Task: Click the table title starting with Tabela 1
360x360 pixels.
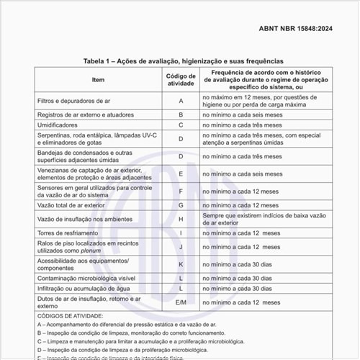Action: (184, 62)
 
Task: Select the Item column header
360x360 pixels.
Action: (98, 79)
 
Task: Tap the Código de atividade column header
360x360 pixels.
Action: (181, 79)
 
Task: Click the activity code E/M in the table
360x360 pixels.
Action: (181, 302)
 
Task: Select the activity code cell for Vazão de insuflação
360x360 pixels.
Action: (181, 218)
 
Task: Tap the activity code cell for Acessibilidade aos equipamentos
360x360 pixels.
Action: (181, 264)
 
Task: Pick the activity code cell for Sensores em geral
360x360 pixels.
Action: (181, 192)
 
